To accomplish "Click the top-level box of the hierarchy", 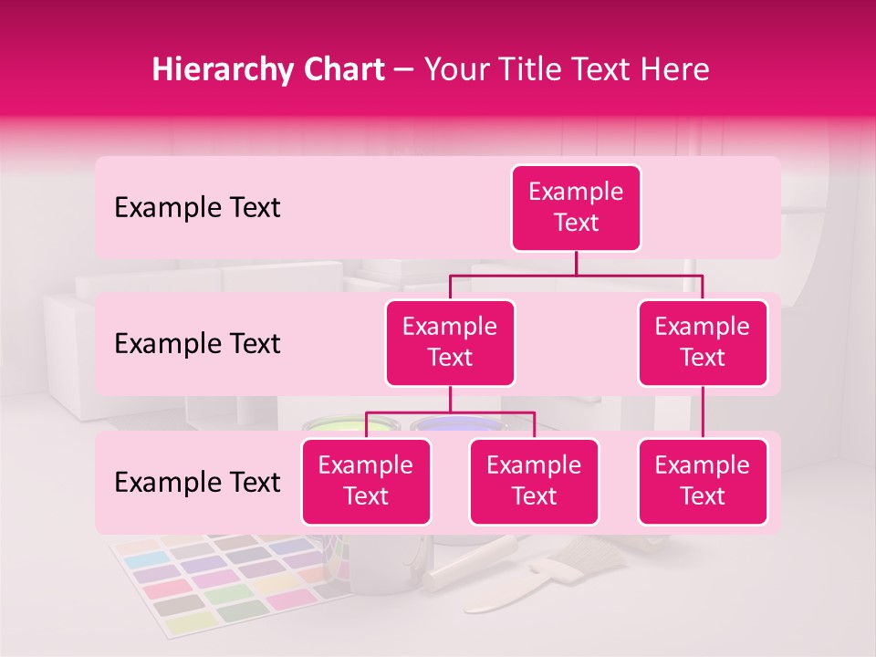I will [576, 208].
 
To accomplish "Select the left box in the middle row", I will [450, 343].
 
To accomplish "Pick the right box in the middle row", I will [703, 343].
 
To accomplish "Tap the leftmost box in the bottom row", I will [366, 482].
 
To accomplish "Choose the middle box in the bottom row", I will [534, 482].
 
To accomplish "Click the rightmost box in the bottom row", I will [703, 482].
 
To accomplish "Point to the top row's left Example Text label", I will [197, 208].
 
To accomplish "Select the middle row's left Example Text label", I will [197, 344].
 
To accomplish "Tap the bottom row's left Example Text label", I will [197, 483].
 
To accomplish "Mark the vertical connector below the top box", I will [576, 263].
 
